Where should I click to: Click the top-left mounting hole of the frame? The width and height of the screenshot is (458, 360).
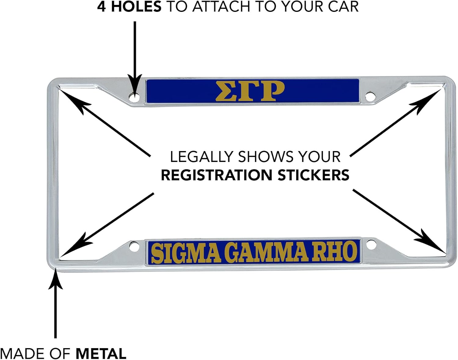(x=134, y=97)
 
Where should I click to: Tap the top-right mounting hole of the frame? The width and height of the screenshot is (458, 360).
(x=370, y=96)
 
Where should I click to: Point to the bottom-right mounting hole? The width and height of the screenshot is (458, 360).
(x=370, y=245)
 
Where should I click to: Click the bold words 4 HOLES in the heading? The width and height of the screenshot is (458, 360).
(x=129, y=7)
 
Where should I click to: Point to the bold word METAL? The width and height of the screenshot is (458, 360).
(x=101, y=354)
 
